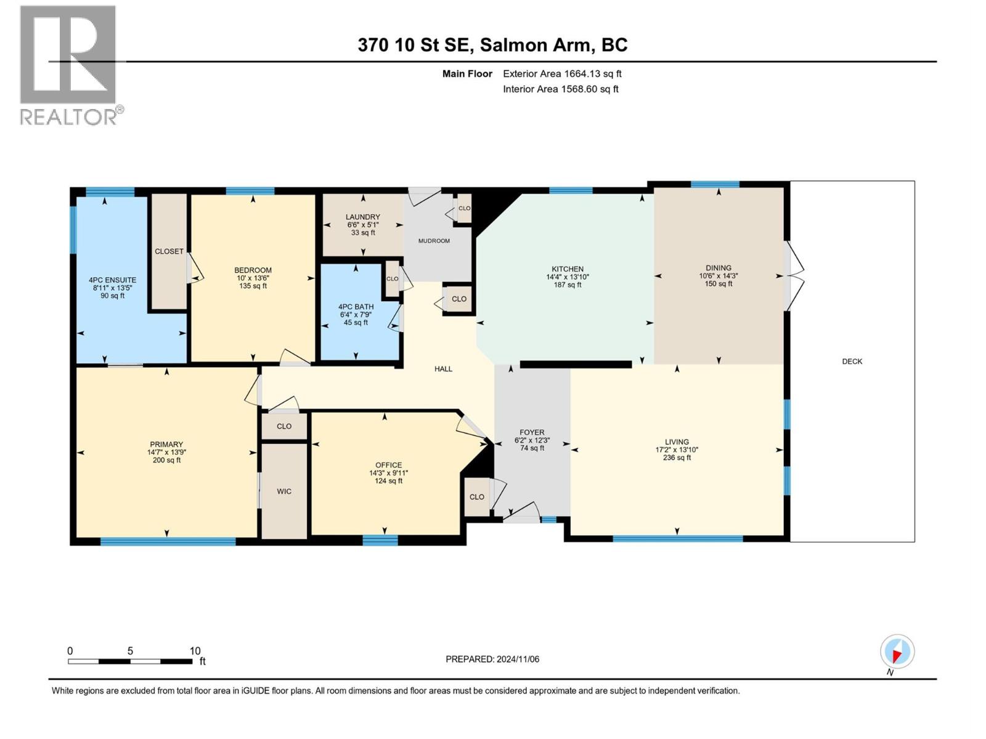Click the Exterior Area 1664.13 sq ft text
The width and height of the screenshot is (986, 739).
(x=561, y=74)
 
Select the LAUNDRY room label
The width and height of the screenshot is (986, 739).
(x=362, y=217)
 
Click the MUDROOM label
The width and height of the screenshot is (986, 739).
(x=434, y=241)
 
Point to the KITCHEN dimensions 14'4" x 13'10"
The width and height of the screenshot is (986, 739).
(x=567, y=277)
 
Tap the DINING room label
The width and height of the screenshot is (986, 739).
(x=719, y=268)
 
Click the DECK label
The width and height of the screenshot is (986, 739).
(x=852, y=361)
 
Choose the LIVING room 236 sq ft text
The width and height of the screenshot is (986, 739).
(x=677, y=458)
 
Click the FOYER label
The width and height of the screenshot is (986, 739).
(x=532, y=433)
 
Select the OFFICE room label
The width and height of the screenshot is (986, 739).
(x=388, y=465)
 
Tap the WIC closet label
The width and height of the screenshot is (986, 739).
(x=284, y=491)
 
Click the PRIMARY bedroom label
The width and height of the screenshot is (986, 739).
(x=166, y=444)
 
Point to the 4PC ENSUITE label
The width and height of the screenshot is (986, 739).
(x=112, y=280)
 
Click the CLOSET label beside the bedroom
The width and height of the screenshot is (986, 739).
(x=169, y=251)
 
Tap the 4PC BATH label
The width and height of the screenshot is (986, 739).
(x=356, y=307)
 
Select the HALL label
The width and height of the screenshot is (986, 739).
(x=443, y=369)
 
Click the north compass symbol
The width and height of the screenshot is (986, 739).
(x=897, y=652)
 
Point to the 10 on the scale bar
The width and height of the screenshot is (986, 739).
(x=195, y=651)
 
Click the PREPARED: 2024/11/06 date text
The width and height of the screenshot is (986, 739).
(x=492, y=659)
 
